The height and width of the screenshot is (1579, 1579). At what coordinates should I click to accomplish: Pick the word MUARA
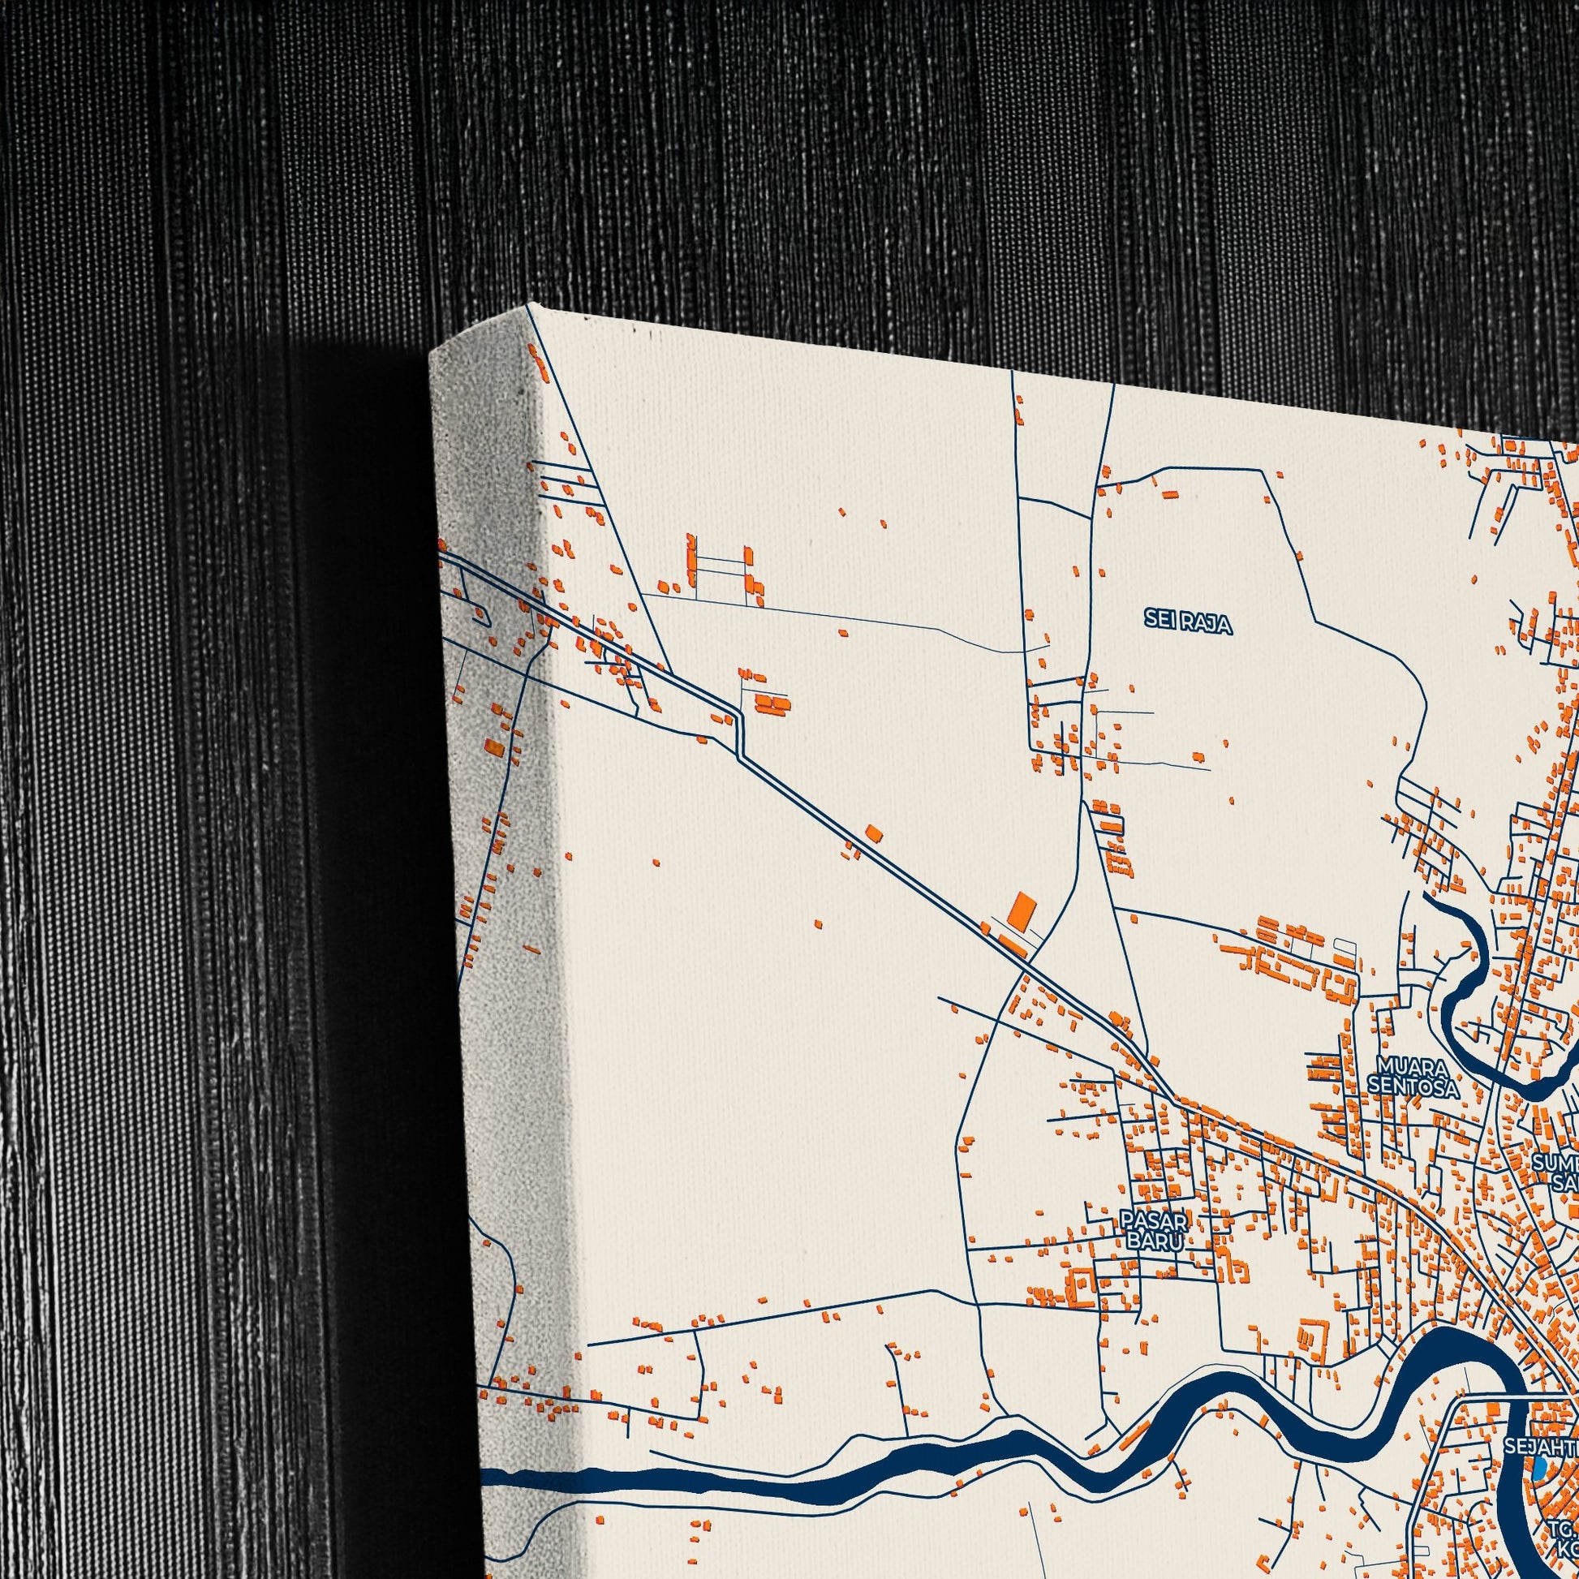pos(1413,1066)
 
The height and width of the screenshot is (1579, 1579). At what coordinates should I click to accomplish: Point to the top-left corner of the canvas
pos(531,306)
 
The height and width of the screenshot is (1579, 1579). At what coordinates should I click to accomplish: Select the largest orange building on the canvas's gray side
pos(493,746)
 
